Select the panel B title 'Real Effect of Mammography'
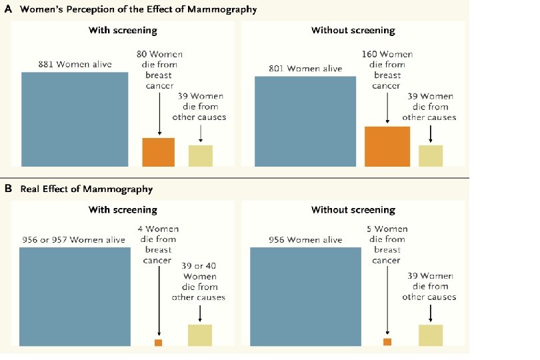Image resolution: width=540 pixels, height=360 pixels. pos(87,189)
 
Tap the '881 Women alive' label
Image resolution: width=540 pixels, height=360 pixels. pos(75,65)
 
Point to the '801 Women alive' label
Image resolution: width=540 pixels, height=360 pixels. pos(305,69)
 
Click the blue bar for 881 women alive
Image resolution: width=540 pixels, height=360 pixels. pos(75,119)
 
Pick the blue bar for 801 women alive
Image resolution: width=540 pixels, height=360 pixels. pos(305,121)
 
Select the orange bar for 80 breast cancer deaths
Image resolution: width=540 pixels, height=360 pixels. pos(159,151)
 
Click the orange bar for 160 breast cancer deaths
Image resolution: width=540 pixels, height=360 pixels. pos(387,146)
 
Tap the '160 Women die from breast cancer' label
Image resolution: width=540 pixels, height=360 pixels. pos(387,70)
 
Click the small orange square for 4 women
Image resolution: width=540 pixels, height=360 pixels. pos(158,343)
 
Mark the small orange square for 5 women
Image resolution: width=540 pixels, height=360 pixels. pos(387,342)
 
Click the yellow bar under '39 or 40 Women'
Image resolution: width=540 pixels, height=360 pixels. pos(199,335)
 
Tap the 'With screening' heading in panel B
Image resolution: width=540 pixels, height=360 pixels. pos(123,210)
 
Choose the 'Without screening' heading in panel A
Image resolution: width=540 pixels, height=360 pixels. pos(353,31)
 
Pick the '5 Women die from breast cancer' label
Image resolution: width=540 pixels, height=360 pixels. pos(387,245)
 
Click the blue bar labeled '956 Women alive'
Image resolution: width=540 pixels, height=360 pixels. pos(306,296)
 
